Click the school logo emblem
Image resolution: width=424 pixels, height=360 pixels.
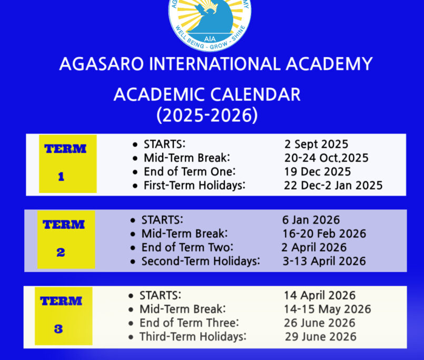(210, 24)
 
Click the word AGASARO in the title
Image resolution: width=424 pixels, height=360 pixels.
(102, 64)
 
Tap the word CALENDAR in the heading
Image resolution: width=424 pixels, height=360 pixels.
(255, 95)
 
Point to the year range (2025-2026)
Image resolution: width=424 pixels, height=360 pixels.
(207, 115)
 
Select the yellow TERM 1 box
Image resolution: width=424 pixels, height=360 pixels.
(68, 164)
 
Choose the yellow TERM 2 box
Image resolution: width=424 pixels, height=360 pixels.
(66, 239)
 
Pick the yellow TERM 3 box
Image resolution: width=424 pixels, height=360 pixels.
(64, 316)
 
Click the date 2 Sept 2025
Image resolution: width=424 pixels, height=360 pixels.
(317, 144)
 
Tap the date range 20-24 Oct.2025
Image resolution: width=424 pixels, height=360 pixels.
(327, 158)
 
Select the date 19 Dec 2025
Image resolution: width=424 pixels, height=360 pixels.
(318, 172)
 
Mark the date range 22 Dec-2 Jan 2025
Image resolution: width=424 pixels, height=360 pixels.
(333, 186)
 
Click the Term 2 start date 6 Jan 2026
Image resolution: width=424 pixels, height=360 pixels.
(311, 220)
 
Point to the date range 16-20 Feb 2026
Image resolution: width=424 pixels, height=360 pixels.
(324, 233)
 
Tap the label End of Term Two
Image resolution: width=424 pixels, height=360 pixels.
(187, 247)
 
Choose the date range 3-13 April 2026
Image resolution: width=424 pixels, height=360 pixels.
(324, 261)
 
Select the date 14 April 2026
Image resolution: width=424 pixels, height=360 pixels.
(320, 295)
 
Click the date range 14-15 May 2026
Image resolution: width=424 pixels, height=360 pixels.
(328, 309)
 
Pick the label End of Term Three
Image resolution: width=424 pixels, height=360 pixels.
(189, 323)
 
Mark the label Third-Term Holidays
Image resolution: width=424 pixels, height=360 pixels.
(193, 337)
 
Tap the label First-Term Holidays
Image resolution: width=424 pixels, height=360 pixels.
(194, 186)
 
